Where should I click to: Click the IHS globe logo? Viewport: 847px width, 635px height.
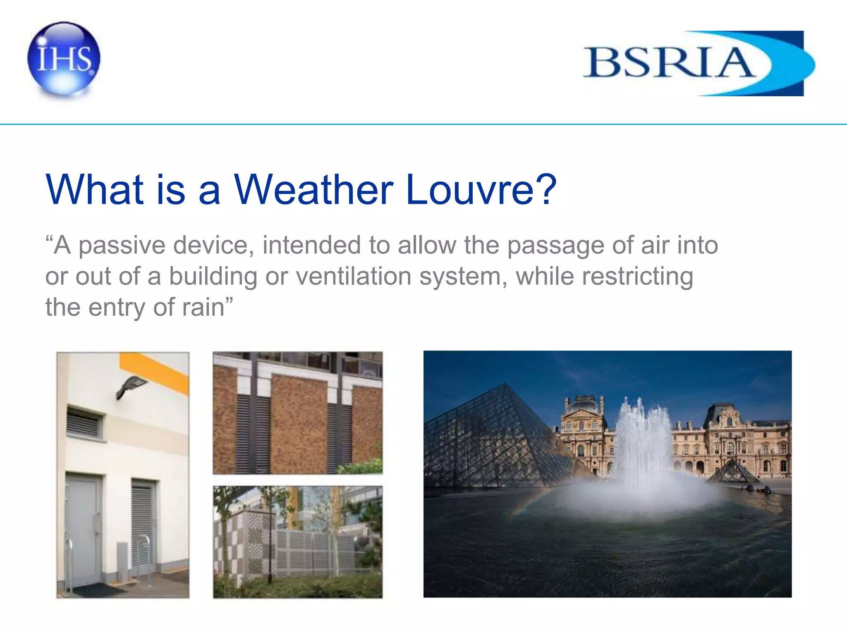click(x=64, y=59)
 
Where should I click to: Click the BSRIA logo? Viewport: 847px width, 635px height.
click(x=699, y=63)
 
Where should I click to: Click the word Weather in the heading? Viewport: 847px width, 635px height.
click(x=313, y=189)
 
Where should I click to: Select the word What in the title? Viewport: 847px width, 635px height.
click(x=95, y=189)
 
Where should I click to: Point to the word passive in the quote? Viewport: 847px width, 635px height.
click(x=122, y=246)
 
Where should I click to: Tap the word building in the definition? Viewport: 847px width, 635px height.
click(x=213, y=276)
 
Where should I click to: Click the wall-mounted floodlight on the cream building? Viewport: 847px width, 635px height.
click(x=131, y=386)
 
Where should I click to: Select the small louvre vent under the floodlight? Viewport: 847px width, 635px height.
click(x=84, y=423)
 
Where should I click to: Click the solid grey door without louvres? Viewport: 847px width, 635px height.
click(x=84, y=529)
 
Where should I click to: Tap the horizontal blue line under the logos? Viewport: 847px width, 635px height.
click(x=423, y=124)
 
